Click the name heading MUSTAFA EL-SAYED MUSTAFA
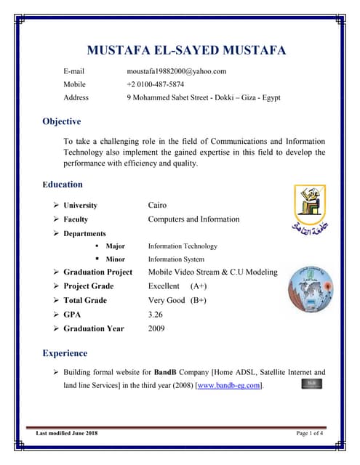(186, 50)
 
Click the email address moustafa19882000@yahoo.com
(176, 71)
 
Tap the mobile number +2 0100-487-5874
(155, 84)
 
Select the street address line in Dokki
(203, 97)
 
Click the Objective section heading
(62, 121)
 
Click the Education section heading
(63, 185)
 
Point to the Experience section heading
(65, 353)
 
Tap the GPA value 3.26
(155, 315)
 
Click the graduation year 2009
(156, 328)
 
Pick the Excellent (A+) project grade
(177, 286)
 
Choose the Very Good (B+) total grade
(177, 300)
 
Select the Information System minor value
(176, 259)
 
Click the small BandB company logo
(311, 382)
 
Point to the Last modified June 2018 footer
(67, 434)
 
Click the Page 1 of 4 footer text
(310, 434)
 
